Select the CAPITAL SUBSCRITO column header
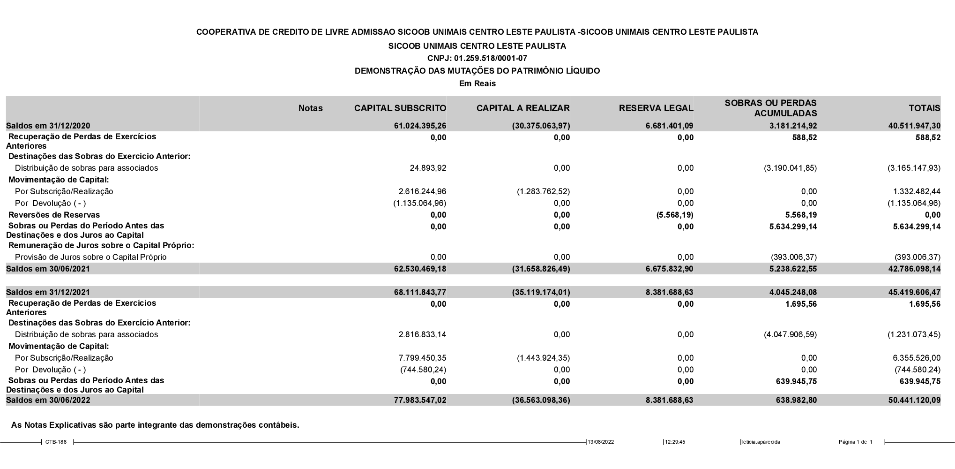[400, 108]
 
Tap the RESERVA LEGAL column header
[656, 108]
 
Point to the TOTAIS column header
[924, 108]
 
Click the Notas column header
[310, 108]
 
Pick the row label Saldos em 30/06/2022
[48, 400]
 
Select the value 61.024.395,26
[420, 126]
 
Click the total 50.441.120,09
[913, 400]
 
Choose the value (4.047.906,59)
[790, 334]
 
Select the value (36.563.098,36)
[541, 400]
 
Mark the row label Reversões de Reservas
[54, 215]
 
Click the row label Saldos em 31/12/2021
[48, 292]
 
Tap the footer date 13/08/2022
[601, 442]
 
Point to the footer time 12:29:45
[675, 442]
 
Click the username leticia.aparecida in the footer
[761, 442]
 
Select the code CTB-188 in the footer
[56, 442]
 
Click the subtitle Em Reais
[477, 83]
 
